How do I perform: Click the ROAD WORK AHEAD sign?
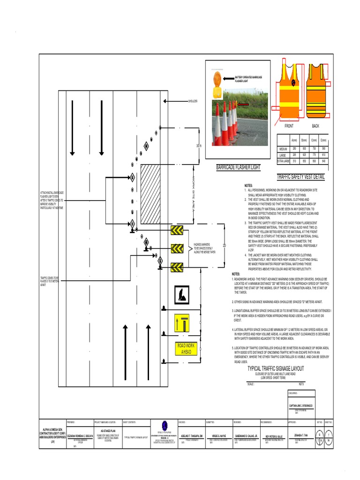click(187, 349)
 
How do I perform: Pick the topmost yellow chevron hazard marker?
click(177, 230)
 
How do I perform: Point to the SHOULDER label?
click(193, 101)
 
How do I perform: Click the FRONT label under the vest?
click(289, 126)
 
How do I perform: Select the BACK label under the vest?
click(315, 126)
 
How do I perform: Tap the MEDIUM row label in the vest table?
click(283, 149)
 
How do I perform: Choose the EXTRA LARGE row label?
click(283, 161)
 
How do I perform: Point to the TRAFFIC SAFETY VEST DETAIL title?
click(300, 177)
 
